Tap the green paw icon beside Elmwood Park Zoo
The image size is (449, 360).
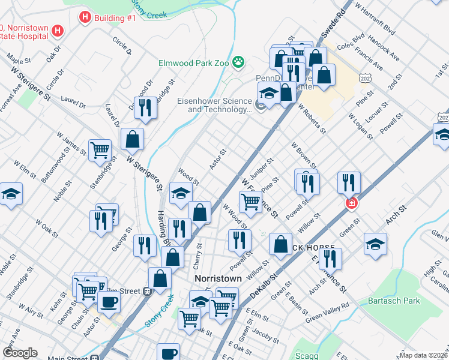[239, 61]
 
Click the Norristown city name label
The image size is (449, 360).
[218, 279]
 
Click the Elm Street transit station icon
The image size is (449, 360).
[146, 292]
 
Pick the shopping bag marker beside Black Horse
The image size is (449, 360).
[280, 244]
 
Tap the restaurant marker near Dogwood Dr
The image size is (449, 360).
[145, 107]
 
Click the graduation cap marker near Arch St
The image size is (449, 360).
[375, 244]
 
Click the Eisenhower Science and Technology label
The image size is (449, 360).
[214, 106]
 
